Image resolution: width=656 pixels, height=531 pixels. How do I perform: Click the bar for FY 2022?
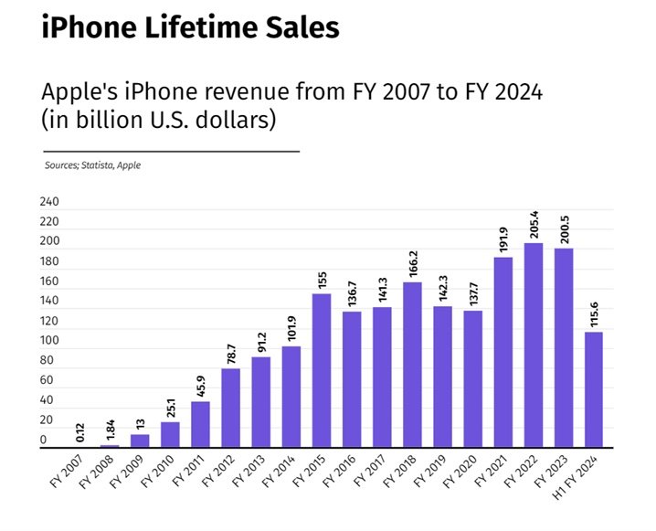tap(533, 345)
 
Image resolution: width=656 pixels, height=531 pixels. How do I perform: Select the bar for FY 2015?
tap(321, 370)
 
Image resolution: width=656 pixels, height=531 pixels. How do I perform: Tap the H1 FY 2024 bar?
tap(593, 389)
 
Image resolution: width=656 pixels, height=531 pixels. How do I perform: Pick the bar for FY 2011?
tap(200, 425)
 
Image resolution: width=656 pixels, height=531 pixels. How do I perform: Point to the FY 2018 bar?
tap(412, 365)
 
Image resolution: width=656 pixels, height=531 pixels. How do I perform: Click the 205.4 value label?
tap(533, 225)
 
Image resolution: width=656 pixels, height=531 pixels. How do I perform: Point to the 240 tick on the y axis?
tap(48, 202)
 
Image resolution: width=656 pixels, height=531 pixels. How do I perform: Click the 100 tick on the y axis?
tap(48, 341)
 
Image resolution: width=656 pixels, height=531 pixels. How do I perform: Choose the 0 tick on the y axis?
tap(43, 441)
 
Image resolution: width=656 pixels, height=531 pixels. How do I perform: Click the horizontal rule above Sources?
tap(171, 151)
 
